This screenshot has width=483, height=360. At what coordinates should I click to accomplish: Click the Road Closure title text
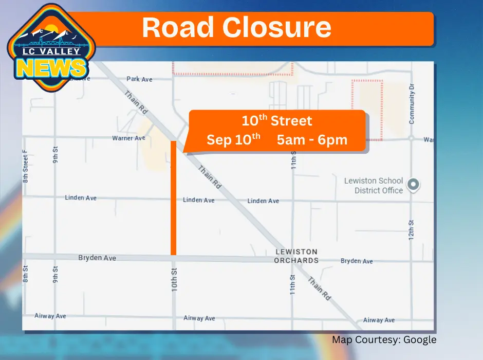tap(236, 28)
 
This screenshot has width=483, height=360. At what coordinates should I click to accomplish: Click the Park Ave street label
tap(140, 79)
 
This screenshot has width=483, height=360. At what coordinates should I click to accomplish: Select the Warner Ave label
tap(129, 138)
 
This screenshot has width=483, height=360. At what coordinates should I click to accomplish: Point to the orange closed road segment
tap(174, 198)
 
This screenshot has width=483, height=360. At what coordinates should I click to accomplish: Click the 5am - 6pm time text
tap(312, 140)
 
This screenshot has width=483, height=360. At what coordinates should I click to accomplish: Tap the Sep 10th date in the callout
tap(233, 139)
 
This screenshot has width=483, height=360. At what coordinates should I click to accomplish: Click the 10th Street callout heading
tap(277, 121)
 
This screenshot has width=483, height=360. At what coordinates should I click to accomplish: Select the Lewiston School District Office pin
tap(413, 184)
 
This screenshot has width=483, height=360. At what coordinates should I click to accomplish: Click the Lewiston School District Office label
tap(374, 186)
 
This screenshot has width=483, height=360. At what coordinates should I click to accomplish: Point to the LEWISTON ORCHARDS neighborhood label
tap(296, 256)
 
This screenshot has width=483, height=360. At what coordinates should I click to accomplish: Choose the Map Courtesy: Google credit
tap(384, 339)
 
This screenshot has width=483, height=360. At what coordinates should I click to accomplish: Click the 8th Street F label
tap(25, 167)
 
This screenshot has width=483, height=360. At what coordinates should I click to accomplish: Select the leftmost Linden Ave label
tap(81, 198)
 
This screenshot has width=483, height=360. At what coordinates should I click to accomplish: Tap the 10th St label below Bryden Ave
tap(174, 279)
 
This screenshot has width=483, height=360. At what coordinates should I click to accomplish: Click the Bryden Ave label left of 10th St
tap(97, 258)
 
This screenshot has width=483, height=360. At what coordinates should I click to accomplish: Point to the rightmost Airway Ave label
tap(379, 320)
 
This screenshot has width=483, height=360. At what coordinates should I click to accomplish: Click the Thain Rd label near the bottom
tap(319, 290)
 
